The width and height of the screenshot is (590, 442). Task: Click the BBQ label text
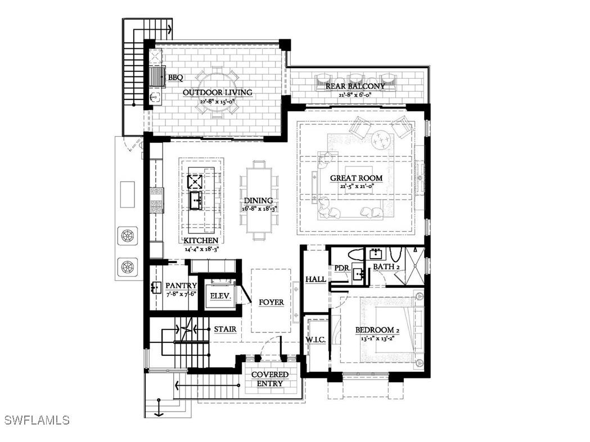[x=175, y=78]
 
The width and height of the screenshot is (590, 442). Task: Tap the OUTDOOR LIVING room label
[x=217, y=92]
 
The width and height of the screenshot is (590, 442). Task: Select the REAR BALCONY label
[x=359, y=86]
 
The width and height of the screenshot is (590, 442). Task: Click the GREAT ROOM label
[x=356, y=178]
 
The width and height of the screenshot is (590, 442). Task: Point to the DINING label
[x=258, y=201]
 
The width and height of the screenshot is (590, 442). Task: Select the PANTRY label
[x=181, y=286]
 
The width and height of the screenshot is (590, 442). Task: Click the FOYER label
[x=271, y=302]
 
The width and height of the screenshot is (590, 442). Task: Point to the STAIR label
[x=224, y=328]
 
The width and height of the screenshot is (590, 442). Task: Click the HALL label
[x=316, y=279]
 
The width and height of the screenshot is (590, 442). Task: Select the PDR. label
[x=343, y=268]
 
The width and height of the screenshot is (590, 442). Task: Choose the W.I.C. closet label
[x=316, y=340]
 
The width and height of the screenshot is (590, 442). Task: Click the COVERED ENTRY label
[x=270, y=379]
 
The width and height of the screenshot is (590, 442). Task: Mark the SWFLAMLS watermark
[x=37, y=420]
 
